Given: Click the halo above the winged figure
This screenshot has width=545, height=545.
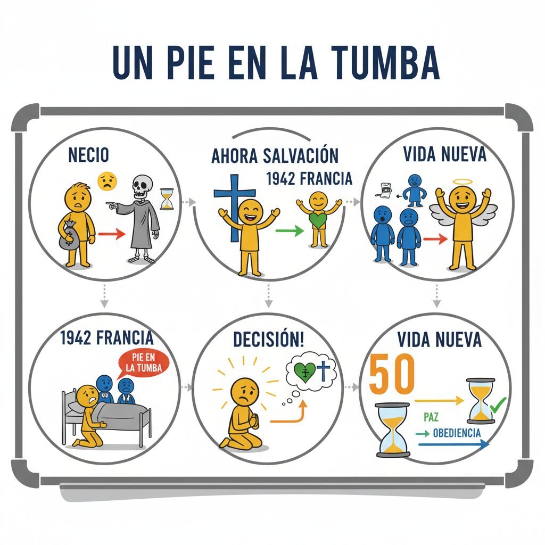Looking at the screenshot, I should tap(461, 183).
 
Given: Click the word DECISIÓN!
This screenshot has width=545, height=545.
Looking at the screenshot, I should tap(269, 340).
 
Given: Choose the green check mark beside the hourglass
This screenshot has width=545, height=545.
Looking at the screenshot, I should tap(498, 406).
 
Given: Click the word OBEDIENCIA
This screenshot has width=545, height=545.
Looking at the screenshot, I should tap(457, 432).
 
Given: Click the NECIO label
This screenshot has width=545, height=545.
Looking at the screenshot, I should tap(89, 155).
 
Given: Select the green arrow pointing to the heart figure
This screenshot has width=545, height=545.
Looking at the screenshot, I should tap(290, 230).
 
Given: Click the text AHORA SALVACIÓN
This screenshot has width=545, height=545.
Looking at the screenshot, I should tap(275, 156).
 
